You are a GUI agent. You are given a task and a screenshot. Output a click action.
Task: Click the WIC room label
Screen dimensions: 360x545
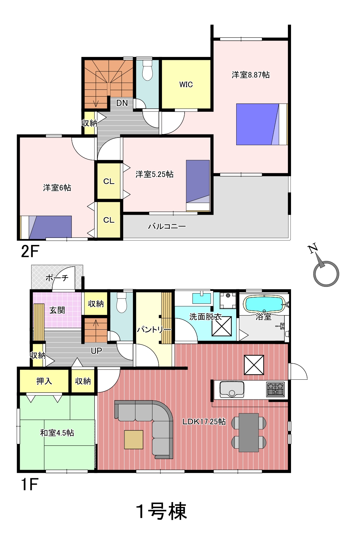click(x=186, y=84)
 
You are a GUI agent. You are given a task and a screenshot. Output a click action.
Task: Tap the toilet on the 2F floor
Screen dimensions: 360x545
click(x=147, y=70)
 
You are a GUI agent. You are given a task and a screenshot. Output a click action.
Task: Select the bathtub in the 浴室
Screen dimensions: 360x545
click(x=264, y=304)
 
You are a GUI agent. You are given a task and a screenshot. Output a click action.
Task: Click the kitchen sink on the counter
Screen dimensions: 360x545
click(x=231, y=389)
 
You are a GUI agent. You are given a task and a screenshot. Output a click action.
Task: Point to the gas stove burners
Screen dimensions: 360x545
click(x=276, y=389)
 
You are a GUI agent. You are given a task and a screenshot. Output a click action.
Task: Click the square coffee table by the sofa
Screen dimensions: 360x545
click(x=134, y=439)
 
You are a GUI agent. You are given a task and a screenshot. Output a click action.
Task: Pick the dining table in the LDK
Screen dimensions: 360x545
click(x=249, y=432)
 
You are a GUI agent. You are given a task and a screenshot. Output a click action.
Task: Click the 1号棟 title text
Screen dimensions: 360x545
click(x=162, y=511)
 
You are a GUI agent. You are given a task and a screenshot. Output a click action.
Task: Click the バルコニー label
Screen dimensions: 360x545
click(x=167, y=226)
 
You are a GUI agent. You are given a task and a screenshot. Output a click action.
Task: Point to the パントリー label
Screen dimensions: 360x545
click(x=154, y=330)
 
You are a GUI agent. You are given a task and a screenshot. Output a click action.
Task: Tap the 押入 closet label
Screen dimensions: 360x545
click(x=44, y=381)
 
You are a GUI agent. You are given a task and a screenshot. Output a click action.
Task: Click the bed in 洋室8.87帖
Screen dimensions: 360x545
click(x=262, y=124)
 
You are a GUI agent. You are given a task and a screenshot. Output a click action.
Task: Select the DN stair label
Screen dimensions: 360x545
click(x=122, y=103)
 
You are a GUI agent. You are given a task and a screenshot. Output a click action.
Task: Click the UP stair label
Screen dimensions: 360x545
click(x=96, y=351)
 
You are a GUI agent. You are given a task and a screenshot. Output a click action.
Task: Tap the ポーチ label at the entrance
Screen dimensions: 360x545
click(x=57, y=278)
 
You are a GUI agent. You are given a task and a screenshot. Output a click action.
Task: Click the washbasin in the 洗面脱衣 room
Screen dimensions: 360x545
click(x=202, y=298)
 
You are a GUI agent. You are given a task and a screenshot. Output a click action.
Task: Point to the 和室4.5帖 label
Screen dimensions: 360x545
click(x=57, y=433)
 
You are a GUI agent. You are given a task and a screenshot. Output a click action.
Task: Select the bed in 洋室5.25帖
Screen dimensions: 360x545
click(x=198, y=185)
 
